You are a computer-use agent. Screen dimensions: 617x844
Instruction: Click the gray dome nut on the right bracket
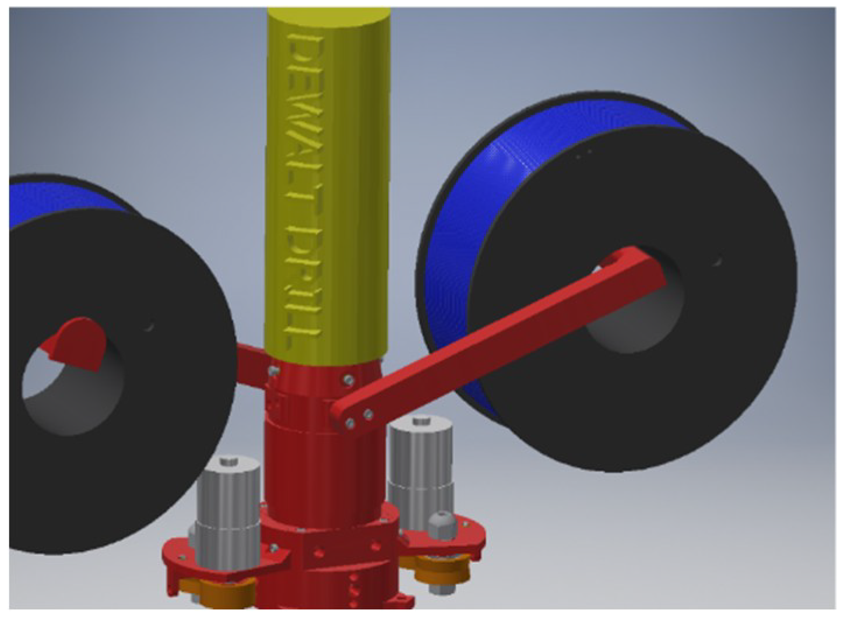[x=442, y=524]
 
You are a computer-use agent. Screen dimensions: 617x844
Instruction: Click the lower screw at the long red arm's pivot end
[x=349, y=424]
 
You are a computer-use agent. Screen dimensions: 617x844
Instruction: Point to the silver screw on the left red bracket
[x=273, y=548]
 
